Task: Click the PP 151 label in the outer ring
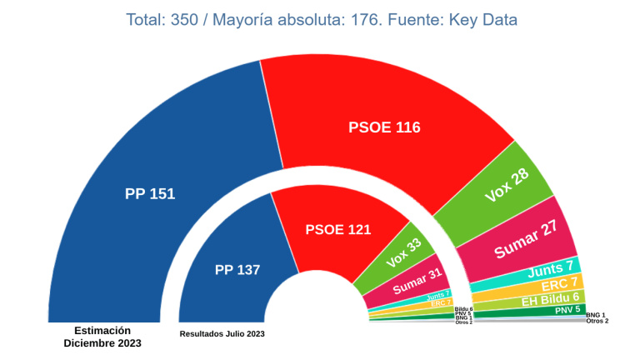[x=150, y=194]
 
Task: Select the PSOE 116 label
[x=384, y=127]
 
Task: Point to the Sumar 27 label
[x=526, y=239]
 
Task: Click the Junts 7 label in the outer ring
[x=551, y=267]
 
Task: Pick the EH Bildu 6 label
[x=550, y=297]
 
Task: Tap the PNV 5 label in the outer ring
[x=567, y=309]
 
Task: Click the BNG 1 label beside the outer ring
[x=595, y=315]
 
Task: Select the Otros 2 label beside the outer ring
[x=597, y=321]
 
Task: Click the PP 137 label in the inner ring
[x=237, y=270]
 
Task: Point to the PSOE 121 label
[x=338, y=229]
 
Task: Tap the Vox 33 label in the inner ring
[x=404, y=253]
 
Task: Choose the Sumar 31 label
[x=417, y=281]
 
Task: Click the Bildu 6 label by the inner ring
[x=464, y=308]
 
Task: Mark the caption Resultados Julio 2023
[x=222, y=334]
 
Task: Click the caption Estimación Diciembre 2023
[x=102, y=337]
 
